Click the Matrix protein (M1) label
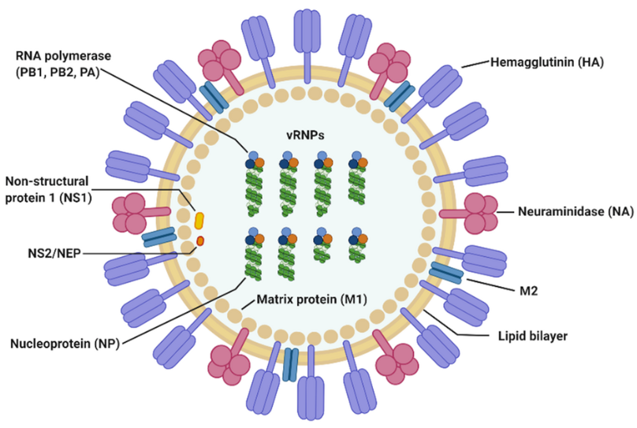tap(313, 300)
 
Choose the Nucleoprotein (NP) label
tap(65, 344)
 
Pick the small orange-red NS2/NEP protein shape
tap(200, 240)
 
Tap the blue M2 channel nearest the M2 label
tap(446, 273)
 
